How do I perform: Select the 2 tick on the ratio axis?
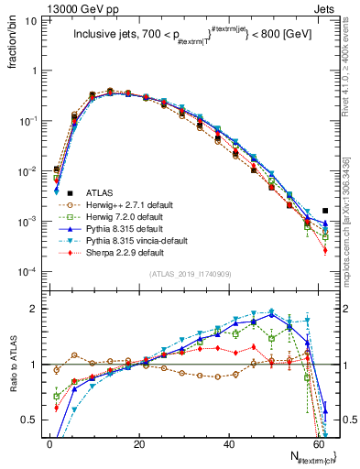(37, 309)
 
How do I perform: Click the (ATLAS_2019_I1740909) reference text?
(190, 274)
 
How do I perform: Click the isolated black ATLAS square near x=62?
(325, 211)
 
